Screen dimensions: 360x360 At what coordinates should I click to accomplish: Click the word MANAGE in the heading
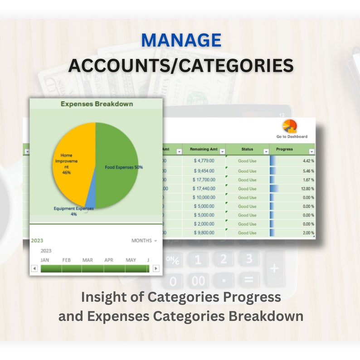(181, 40)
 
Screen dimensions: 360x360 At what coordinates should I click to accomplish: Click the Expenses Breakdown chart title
(97, 104)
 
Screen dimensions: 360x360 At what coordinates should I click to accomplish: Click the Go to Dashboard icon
(290, 126)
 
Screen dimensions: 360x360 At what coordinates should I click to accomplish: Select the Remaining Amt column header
(203, 149)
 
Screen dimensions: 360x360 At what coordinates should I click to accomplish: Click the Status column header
(247, 149)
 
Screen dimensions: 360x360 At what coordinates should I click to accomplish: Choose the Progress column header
(285, 149)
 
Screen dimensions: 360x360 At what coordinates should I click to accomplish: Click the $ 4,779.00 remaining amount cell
(204, 160)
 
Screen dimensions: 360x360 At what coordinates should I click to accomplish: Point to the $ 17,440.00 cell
(204, 188)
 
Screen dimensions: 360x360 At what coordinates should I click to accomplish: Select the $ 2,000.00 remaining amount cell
(204, 224)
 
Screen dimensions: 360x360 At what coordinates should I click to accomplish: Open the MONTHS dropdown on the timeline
(144, 241)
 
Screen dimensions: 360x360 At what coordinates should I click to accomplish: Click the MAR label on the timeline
(88, 260)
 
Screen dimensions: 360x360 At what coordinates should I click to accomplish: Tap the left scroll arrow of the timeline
(34, 268)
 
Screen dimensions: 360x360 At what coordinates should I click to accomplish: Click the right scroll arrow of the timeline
(156, 268)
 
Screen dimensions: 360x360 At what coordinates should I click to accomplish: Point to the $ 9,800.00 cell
(204, 233)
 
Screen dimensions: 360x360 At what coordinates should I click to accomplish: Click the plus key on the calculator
(274, 269)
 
